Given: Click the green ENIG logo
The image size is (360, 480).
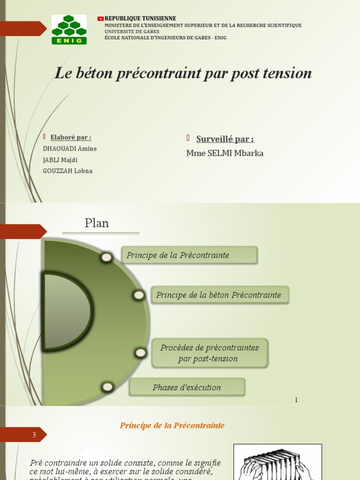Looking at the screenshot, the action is pos(69,29).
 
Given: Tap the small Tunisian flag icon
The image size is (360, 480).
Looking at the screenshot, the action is pos(100,18).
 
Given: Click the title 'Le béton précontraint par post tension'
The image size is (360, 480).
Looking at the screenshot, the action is pos(183,73).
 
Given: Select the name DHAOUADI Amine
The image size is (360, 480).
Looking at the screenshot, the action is pos(69,149).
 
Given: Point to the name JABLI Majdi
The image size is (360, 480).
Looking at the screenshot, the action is pos(60,160).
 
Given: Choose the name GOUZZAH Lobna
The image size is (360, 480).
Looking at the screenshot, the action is pos(67,171).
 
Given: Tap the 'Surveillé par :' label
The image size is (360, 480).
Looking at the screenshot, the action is pos(225,139).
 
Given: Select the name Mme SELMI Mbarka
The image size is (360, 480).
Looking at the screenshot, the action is pos(225,153).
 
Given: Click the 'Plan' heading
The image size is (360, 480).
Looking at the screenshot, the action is pos(97,223).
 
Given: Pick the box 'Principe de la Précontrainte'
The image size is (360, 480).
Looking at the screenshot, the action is pos(189,255).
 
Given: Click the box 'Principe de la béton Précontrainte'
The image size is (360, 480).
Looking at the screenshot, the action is pos(219,295).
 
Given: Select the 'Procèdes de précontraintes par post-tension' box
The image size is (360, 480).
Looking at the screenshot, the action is pos(209,353).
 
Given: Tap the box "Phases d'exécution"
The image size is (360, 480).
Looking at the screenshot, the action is pos(187,387).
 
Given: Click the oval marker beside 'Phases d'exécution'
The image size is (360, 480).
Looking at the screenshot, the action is pos(107,387).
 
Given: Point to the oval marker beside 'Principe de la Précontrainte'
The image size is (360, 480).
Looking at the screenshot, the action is pos(106,257).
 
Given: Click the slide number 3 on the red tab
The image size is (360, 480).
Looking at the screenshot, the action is pos(34,435).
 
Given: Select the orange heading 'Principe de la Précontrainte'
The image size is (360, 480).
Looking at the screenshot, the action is pos(172,426).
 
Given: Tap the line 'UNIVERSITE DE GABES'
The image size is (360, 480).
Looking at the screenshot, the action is pos(128,31).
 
